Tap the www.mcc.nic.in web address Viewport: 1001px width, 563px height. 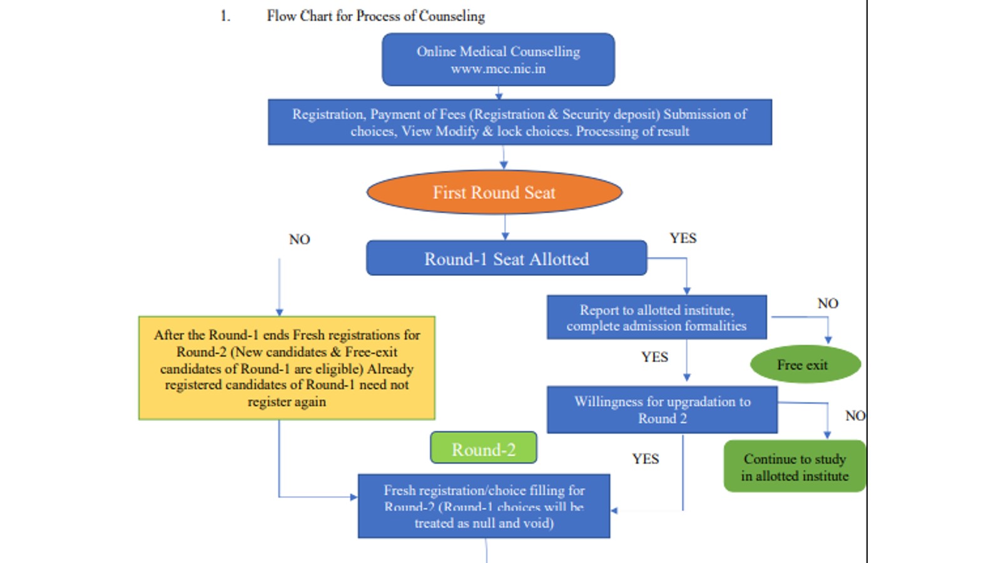click(x=498, y=69)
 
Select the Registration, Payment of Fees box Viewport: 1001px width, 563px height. click(x=519, y=122)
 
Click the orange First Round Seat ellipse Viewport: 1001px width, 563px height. click(x=494, y=192)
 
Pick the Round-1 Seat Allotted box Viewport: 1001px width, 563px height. click(x=506, y=258)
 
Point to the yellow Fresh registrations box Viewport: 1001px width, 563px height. click(x=287, y=368)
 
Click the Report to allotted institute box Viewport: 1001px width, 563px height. click(x=656, y=317)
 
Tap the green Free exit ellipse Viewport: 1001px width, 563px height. click(x=805, y=364)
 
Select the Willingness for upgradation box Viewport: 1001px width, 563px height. click(x=662, y=410)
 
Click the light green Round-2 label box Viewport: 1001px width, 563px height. click(x=484, y=449)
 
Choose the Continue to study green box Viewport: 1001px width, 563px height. click(x=795, y=467)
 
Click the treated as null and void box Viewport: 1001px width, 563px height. click(x=484, y=506)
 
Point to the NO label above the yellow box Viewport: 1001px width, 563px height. click(x=299, y=240)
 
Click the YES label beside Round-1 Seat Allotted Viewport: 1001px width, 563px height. click(x=683, y=238)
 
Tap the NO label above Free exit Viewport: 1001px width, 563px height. click(x=827, y=303)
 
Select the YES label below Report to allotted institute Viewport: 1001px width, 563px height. click(x=654, y=357)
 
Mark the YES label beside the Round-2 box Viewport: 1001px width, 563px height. click(x=645, y=459)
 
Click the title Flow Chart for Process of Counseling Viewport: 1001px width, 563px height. click(x=375, y=16)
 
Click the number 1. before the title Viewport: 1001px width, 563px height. click(x=225, y=16)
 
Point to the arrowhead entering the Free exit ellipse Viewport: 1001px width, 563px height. click(x=828, y=340)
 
